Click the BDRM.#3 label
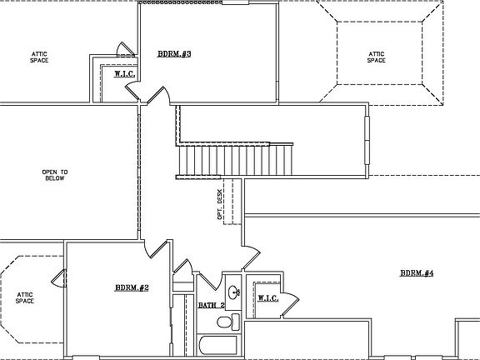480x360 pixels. pyautogui.click(x=174, y=54)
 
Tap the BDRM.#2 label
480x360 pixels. pyautogui.click(x=132, y=288)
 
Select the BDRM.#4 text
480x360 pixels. pyautogui.click(x=417, y=273)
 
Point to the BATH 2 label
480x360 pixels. pyautogui.click(x=211, y=306)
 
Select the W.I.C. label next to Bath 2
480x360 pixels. pyautogui.click(x=267, y=297)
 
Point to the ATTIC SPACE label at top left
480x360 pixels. pyautogui.click(x=39, y=57)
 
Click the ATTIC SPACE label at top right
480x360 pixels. pyautogui.click(x=377, y=57)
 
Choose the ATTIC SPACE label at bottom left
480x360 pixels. pyautogui.click(x=24, y=297)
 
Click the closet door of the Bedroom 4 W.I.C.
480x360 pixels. pyautogui.click(x=289, y=305)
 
